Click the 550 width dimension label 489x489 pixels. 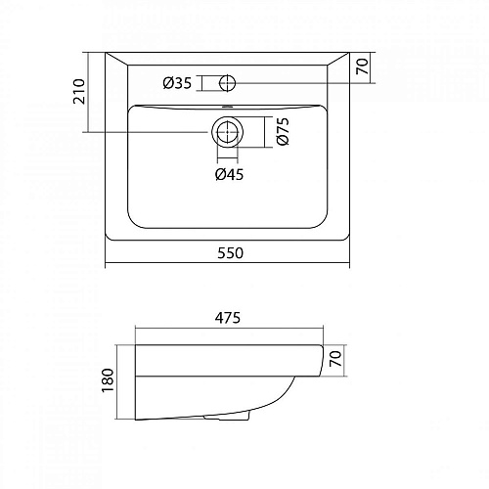[x=227, y=252]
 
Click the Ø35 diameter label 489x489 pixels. [x=177, y=83]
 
